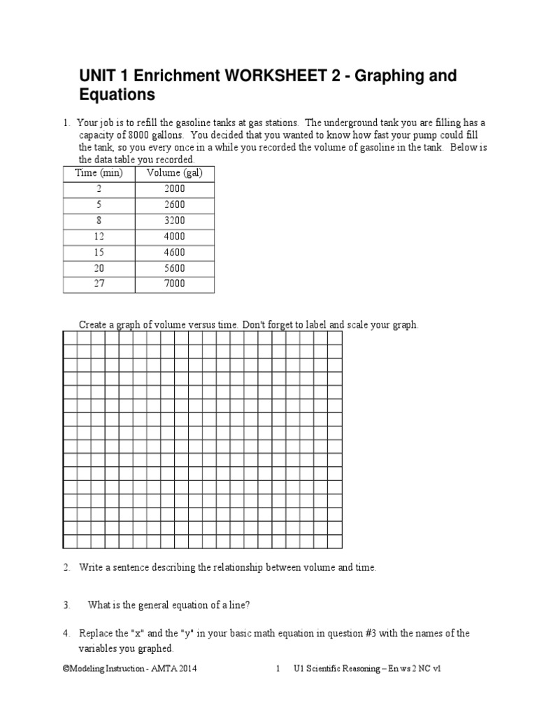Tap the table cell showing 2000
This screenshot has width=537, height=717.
tap(175, 188)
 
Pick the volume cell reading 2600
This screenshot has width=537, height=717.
tap(175, 204)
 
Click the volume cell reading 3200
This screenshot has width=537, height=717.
tap(175, 221)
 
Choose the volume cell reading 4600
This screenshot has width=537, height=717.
tap(175, 253)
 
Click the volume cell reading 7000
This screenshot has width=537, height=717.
tap(175, 284)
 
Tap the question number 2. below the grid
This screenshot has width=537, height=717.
tap(66, 567)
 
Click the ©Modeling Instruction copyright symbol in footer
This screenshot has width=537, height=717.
tap(66, 669)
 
